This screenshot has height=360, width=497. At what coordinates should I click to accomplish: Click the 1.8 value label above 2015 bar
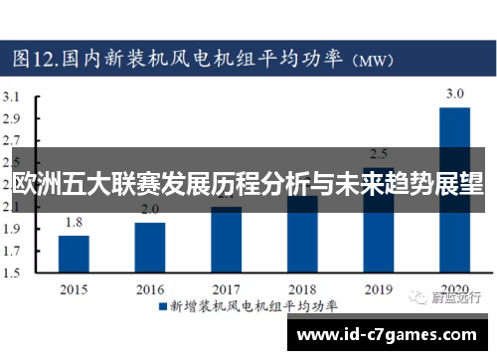[74, 223]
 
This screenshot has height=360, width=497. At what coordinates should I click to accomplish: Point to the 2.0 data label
[150, 210]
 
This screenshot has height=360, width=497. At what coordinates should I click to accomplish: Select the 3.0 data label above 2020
[454, 93]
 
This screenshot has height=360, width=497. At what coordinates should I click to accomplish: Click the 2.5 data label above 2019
[379, 154]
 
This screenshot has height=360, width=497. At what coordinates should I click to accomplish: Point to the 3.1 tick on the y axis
[13, 97]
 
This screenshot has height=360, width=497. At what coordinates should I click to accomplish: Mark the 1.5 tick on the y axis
[13, 272]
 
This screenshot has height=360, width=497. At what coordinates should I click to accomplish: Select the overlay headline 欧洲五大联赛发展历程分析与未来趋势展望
[248, 184]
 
